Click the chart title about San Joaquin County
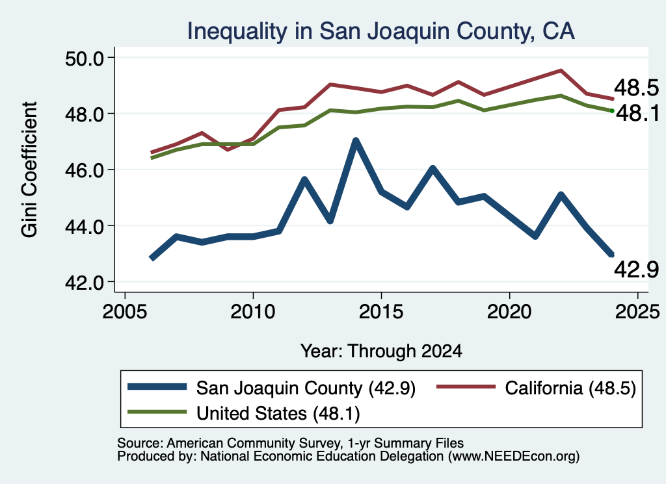tap(381, 31)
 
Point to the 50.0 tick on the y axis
tap(84, 58)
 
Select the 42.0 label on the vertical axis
tap(84, 283)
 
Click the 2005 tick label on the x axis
tap(125, 312)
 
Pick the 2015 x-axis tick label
tap(381, 312)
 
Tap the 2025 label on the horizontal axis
tap(637, 312)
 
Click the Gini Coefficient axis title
tap(29, 170)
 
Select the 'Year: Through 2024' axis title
tap(381, 351)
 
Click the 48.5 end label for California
tap(636, 88)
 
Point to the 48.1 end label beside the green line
tap(637, 113)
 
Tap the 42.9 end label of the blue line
tap(636, 270)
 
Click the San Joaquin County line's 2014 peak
tap(356, 140)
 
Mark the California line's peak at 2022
tap(561, 71)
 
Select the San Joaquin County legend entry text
tap(306, 388)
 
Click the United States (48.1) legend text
tap(278, 413)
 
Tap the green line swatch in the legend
tap(157, 412)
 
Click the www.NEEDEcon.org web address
tap(514, 457)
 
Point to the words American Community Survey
tap(254, 443)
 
